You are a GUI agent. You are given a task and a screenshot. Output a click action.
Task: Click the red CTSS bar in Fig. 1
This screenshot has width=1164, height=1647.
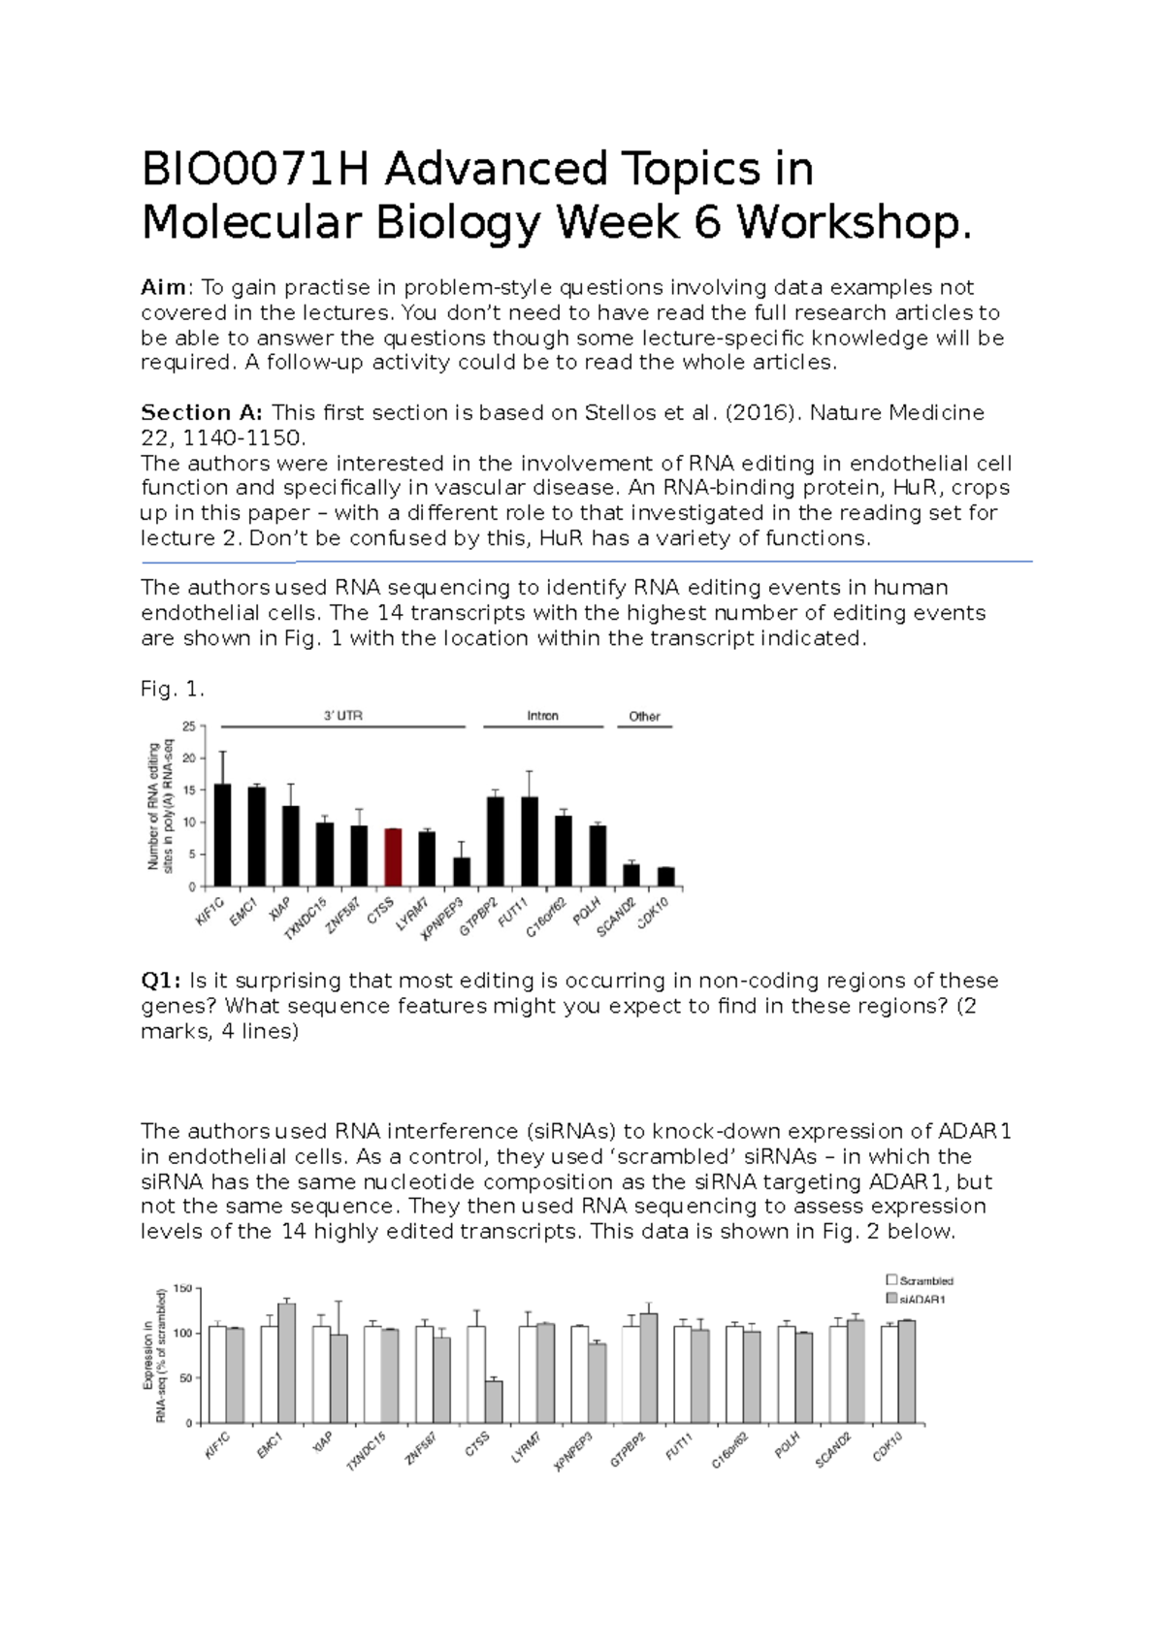(x=393, y=857)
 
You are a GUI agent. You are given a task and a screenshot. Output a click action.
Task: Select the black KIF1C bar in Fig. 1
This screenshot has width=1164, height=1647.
(x=222, y=835)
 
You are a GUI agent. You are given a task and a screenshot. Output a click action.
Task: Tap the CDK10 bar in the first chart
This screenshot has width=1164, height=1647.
(x=665, y=877)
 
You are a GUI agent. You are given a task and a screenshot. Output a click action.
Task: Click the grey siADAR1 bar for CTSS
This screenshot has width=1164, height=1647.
(x=494, y=1402)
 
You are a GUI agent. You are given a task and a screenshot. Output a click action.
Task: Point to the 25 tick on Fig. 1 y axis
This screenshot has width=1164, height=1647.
(x=189, y=727)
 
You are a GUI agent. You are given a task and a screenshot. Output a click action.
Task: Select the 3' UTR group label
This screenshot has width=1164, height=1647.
(x=342, y=716)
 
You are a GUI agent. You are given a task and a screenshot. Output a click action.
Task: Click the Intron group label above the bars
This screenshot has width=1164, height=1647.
(x=542, y=716)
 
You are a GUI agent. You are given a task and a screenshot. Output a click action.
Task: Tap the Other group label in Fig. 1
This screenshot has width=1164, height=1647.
(x=644, y=717)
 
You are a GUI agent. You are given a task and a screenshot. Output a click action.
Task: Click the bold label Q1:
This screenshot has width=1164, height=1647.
(x=161, y=981)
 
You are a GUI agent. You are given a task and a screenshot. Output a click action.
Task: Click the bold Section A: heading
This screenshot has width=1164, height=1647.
(x=201, y=412)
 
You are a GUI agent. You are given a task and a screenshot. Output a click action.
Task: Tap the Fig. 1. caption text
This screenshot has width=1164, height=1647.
(x=173, y=689)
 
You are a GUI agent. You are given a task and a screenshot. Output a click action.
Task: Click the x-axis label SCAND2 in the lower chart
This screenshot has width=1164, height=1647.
(x=832, y=1451)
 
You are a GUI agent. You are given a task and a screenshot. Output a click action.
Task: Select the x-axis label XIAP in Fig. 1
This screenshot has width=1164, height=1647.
(x=279, y=910)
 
